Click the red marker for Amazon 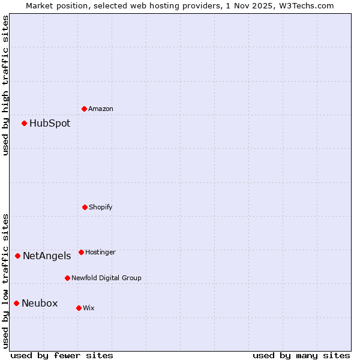(x=85, y=109)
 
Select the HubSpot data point (x=25, y=124)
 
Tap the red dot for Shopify (x=85, y=207)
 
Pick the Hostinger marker (x=81, y=252)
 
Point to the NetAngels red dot (x=18, y=256)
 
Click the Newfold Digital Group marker (x=67, y=278)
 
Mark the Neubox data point (x=17, y=303)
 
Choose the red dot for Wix (x=79, y=308)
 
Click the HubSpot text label (x=50, y=124)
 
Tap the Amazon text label (x=101, y=109)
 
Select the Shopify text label (x=101, y=208)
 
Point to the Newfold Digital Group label (x=106, y=278)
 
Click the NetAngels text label (x=47, y=256)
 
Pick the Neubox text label (x=40, y=304)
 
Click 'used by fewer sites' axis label (x=62, y=355)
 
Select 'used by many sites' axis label (x=301, y=355)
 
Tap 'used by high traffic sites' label (x=6, y=85)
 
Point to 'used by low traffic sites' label (x=6, y=280)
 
